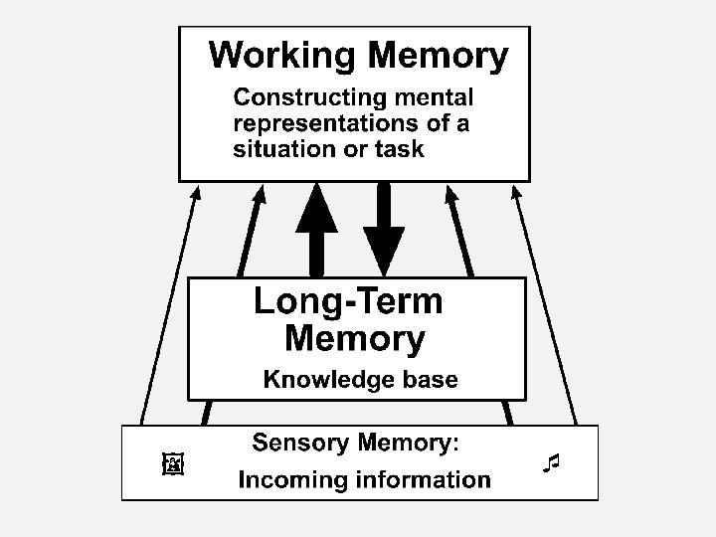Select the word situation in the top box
click(280, 150)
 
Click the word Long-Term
click(348, 301)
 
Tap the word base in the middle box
click(425, 379)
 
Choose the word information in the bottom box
click(424, 481)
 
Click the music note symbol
click(553, 462)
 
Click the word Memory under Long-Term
click(354, 340)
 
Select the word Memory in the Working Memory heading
click(439, 55)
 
